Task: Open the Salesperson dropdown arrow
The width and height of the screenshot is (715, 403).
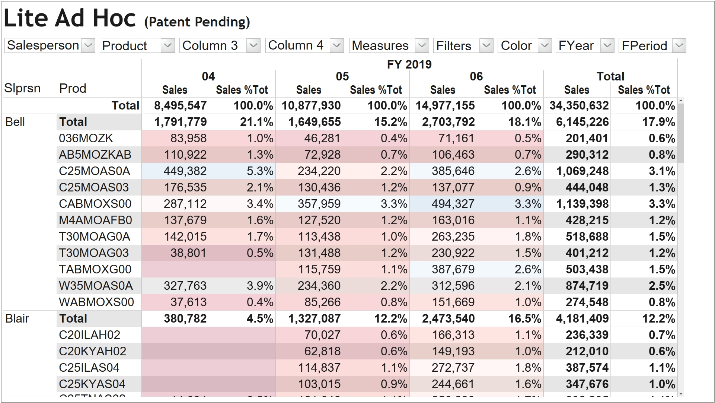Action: (x=88, y=45)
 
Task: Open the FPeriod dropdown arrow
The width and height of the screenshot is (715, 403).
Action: (x=679, y=45)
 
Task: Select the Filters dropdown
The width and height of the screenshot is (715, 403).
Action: (x=463, y=45)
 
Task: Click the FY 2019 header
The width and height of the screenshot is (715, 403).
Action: (x=409, y=64)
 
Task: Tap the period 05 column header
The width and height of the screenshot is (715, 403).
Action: (x=342, y=76)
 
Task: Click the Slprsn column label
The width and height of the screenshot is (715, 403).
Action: (x=22, y=88)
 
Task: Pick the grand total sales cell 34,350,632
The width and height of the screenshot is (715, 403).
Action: (x=579, y=105)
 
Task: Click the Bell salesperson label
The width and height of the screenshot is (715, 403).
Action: (x=15, y=122)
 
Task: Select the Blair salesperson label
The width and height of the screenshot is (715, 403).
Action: (x=17, y=318)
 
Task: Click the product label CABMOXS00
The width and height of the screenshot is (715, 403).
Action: (x=95, y=204)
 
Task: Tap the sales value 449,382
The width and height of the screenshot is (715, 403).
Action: (x=185, y=171)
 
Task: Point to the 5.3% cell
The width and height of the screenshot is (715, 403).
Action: (x=260, y=171)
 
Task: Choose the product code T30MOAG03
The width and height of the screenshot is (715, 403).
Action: (x=94, y=253)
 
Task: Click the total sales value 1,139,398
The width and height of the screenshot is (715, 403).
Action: (x=582, y=204)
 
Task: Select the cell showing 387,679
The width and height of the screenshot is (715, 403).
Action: (x=453, y=269)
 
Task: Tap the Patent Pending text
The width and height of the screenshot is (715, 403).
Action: (x=197, y=22)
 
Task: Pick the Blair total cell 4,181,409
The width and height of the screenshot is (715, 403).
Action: (x=582, y=318)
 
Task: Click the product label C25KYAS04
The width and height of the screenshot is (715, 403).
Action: (x=92, y=384)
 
